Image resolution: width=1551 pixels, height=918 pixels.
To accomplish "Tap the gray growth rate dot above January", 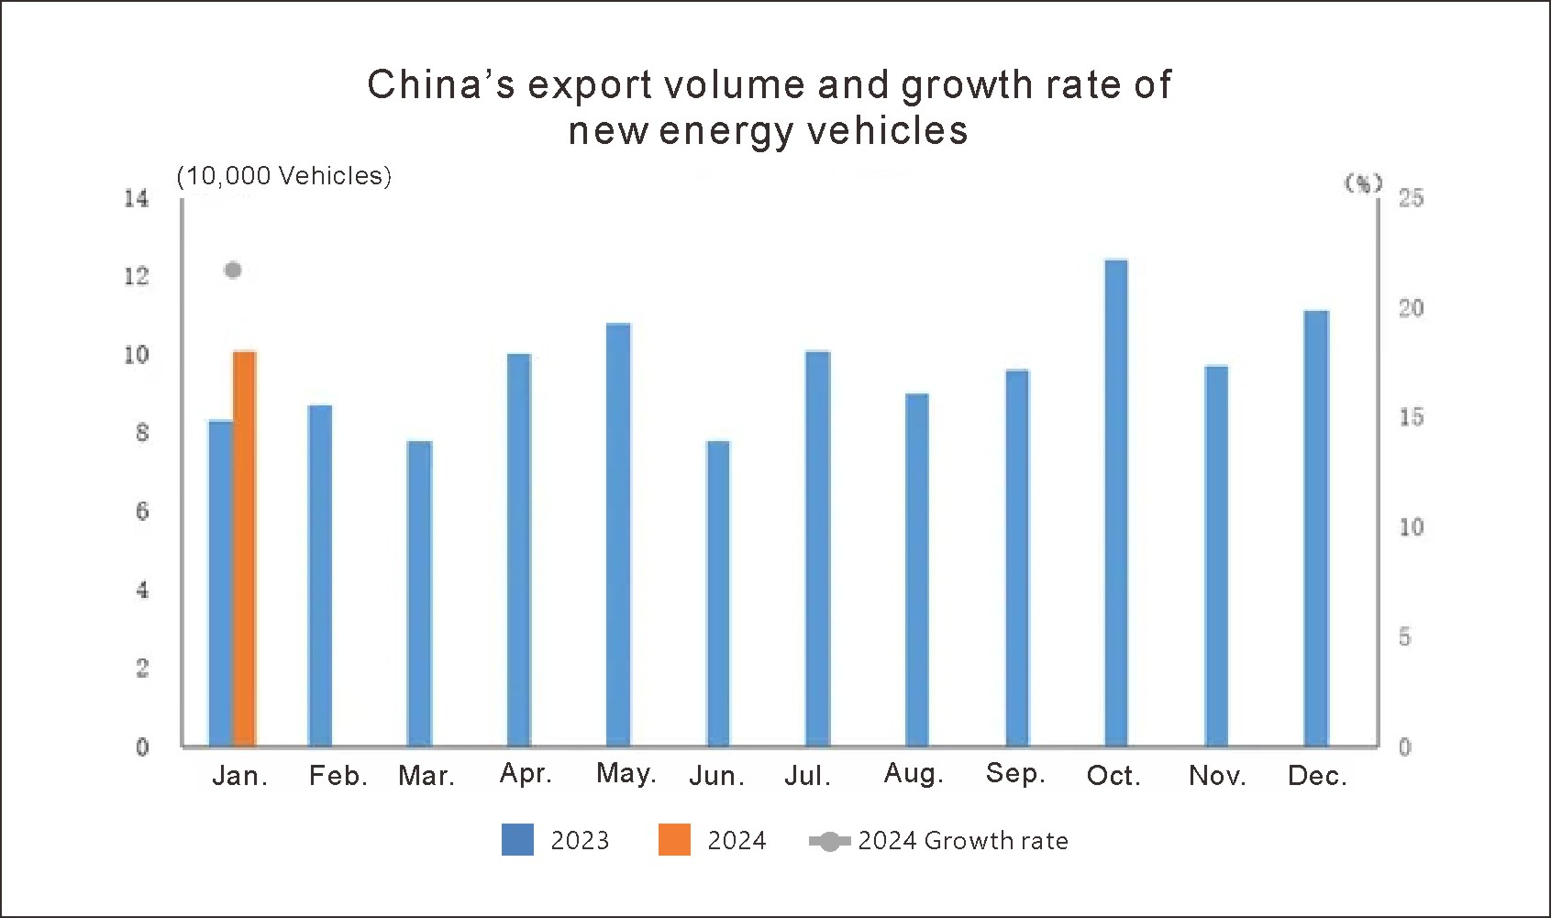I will pos(233,270).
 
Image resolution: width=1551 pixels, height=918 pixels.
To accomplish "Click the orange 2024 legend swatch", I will pos(674,840).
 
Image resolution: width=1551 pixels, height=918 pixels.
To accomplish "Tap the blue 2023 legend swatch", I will pos(517,840).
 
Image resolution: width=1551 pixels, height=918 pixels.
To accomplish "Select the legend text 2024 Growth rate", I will pos(963,841).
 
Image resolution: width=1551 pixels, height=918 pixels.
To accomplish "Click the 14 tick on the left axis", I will pos(137,198).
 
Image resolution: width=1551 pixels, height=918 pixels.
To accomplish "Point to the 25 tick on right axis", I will pos(1411,198).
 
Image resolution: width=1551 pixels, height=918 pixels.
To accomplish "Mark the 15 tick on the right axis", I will pos(1411,417).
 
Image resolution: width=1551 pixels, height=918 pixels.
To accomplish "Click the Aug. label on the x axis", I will pos(914,774).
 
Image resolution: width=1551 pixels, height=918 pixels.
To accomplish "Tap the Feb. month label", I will pos(338,777).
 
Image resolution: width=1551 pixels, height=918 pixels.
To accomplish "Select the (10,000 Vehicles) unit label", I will pos(284,176).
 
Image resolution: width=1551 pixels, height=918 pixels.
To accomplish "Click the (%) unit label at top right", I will pos(1363,183).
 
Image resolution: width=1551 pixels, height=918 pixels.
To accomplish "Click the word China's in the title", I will pos(441,85).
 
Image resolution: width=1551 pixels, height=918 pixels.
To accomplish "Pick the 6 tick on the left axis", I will pos(142,512).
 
